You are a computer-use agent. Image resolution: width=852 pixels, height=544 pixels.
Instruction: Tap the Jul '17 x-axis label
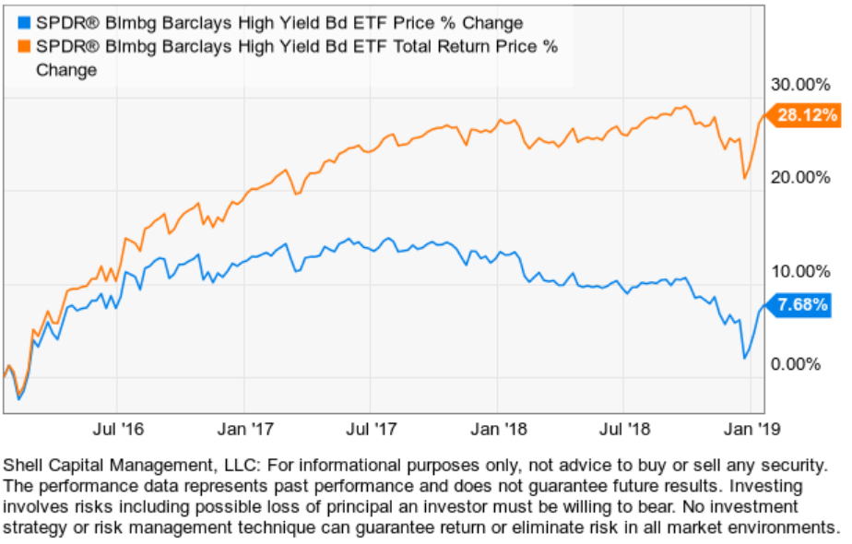click(371, 429)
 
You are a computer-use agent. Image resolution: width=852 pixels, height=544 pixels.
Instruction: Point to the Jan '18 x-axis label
click(498, 429)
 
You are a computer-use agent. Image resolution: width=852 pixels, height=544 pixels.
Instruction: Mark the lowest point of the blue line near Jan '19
click(743, 357)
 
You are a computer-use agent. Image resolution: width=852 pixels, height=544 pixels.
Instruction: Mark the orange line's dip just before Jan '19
click(744, 178)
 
